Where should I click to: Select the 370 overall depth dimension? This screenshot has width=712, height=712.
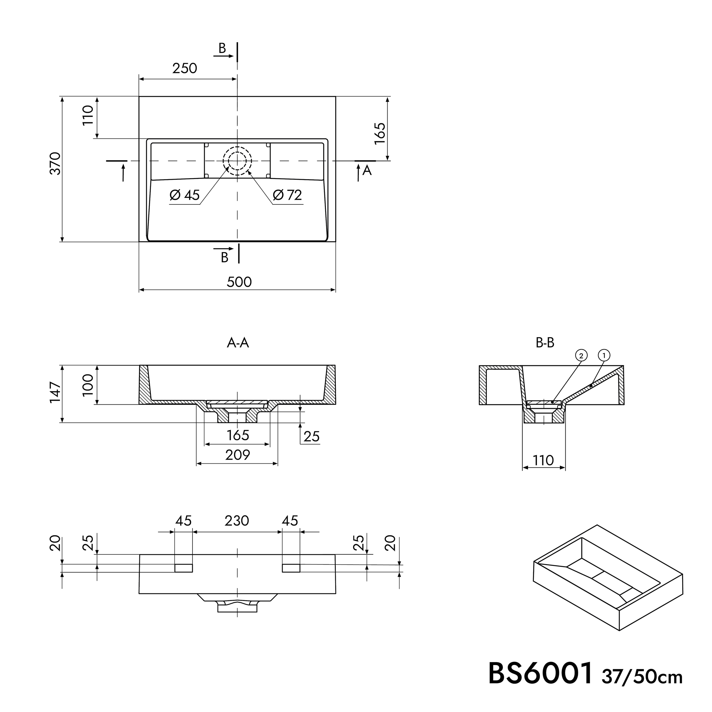pos(55,163)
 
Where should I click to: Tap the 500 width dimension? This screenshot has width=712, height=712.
pos(239,282)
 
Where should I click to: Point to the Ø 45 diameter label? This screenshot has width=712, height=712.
pos(184,195)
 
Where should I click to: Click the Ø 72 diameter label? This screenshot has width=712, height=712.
pos(287,195)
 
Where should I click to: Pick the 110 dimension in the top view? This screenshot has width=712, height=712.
pos(88,115)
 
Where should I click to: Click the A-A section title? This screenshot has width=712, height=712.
pos(238,343)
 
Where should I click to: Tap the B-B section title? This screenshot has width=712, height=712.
pos(545,343)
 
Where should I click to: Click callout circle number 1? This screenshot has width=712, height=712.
pos(604,355)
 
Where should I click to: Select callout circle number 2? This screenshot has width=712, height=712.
pos(581,355)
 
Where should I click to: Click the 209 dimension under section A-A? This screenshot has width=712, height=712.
pos(238,455)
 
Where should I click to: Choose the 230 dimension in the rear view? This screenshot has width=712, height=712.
pos(237,521)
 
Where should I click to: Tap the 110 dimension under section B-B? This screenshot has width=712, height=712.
pos(543,460)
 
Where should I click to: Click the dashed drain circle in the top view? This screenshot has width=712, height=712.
pos(237,161)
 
